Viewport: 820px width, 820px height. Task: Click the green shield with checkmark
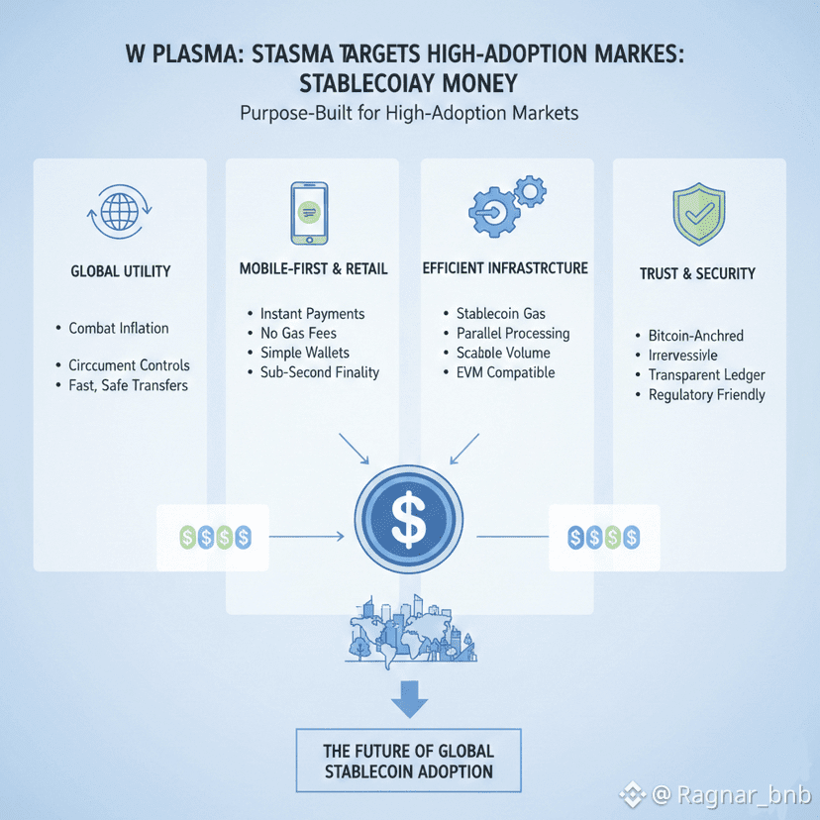click(698, 212)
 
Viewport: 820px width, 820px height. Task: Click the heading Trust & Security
click(697, 273)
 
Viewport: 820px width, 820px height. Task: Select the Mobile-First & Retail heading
click(314, 268)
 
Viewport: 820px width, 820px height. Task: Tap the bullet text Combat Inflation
click(119, 328)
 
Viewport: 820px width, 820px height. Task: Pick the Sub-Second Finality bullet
click(319, 372)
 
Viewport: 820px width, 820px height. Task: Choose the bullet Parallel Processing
click(513, 333)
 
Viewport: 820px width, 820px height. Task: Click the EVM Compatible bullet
click(505, 372)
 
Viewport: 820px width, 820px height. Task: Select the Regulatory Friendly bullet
click(706, 395)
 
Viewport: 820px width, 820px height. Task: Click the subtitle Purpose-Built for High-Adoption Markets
click(409, 113)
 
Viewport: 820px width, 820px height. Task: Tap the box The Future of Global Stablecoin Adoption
click(409, 761)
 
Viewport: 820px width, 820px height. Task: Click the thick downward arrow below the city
click(409, 699)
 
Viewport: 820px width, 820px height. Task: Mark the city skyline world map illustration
click(408, 629)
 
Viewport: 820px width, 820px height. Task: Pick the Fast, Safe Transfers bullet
click(128, 385)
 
